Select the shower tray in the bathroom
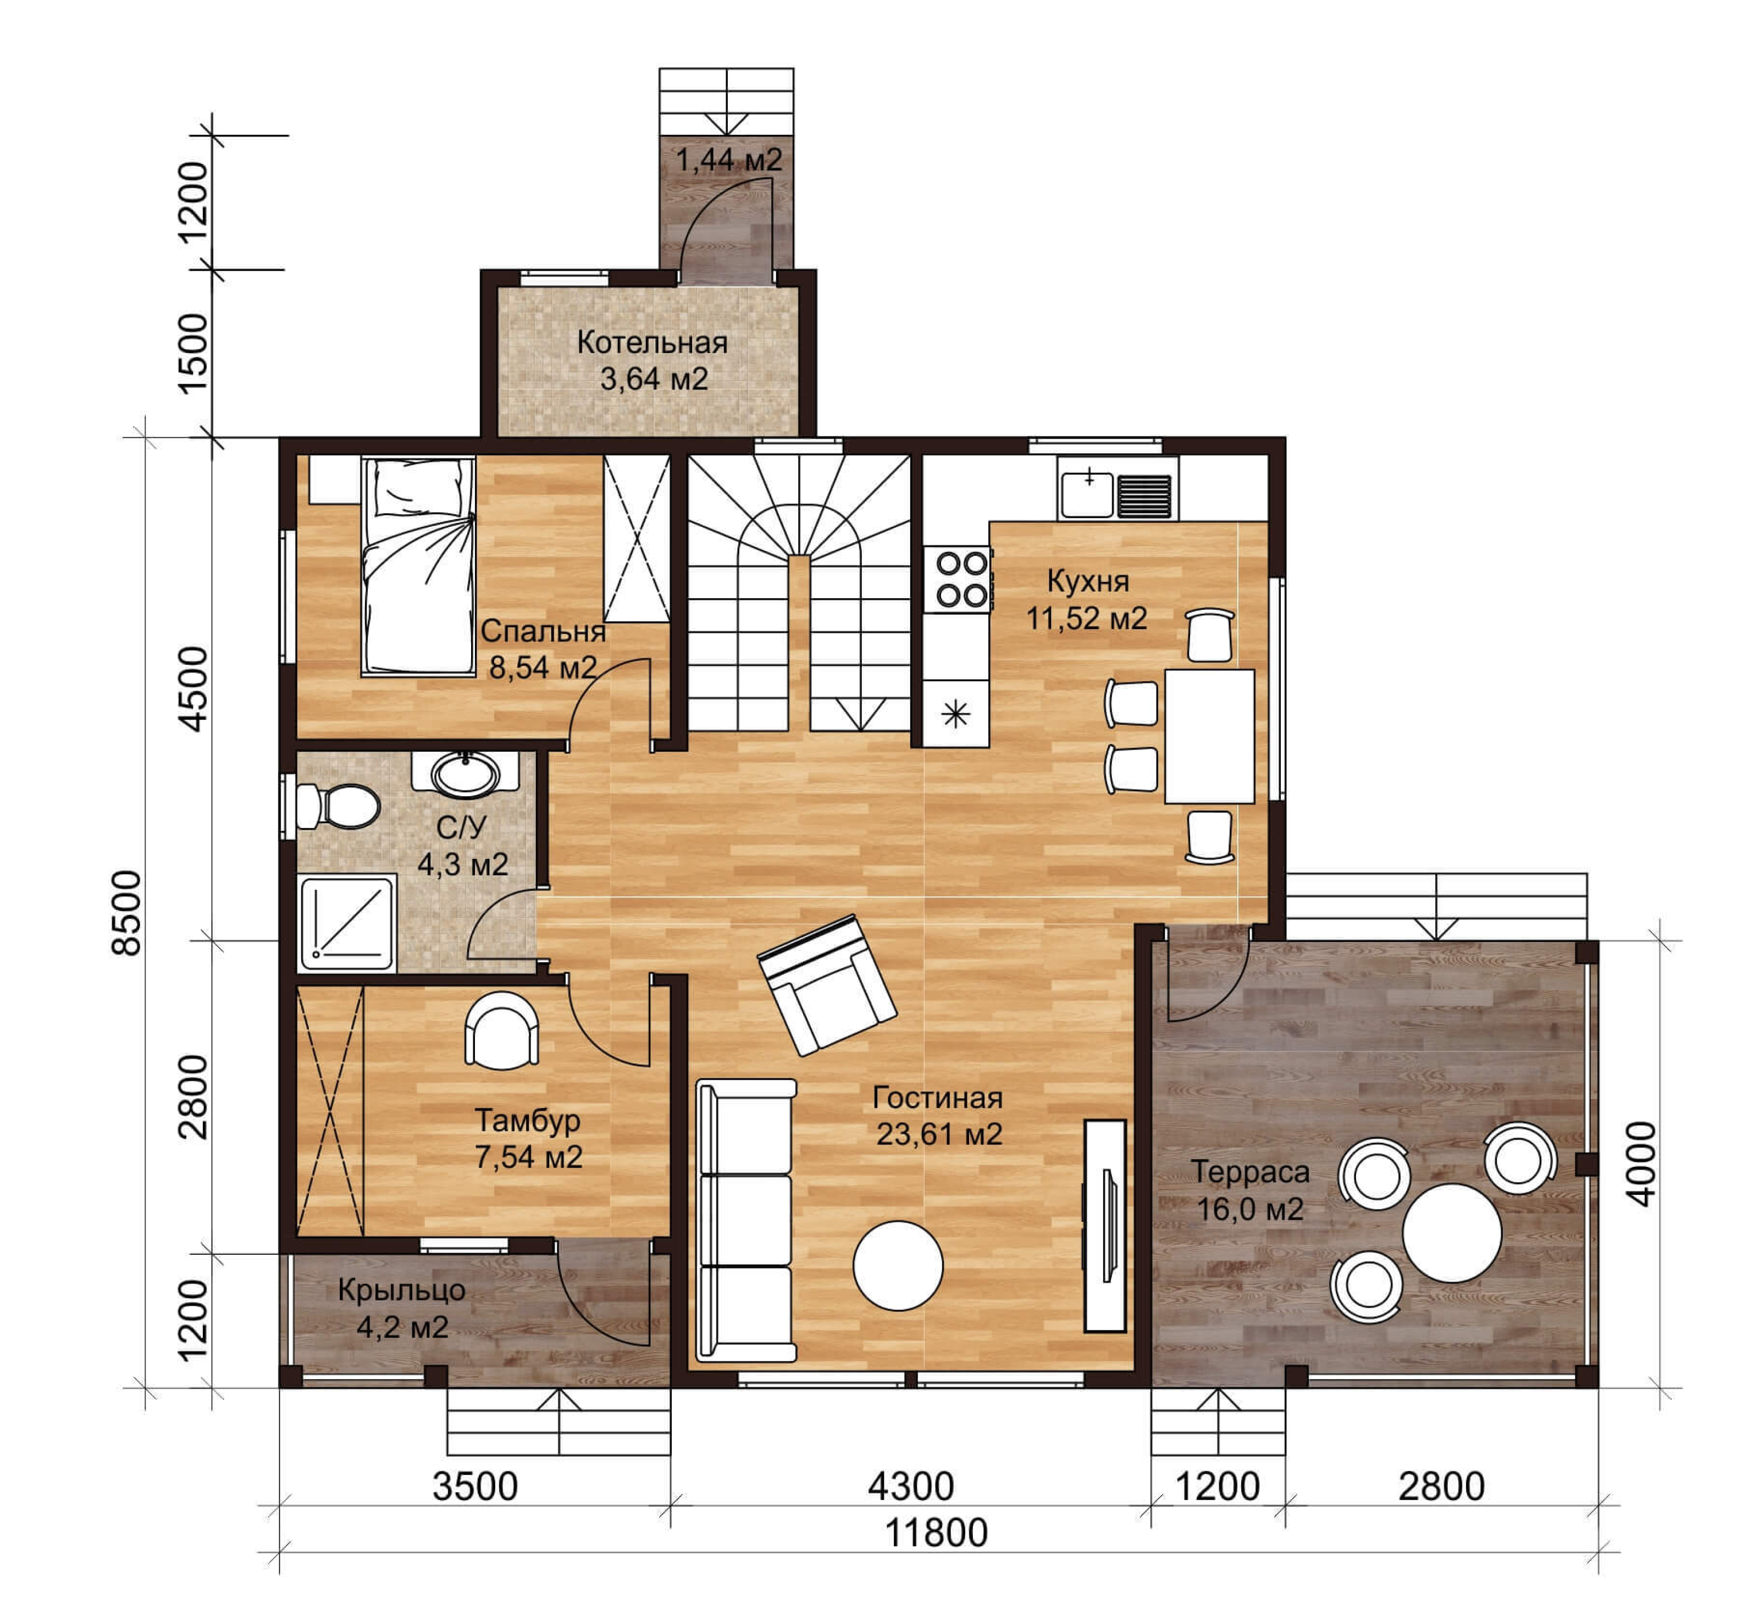click(347, 923)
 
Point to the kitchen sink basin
click(1087, 495)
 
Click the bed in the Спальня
click(419, 566)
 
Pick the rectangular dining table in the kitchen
click(1209, 736)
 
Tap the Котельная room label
click(652, 342)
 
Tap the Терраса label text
click(1250, 1171)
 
